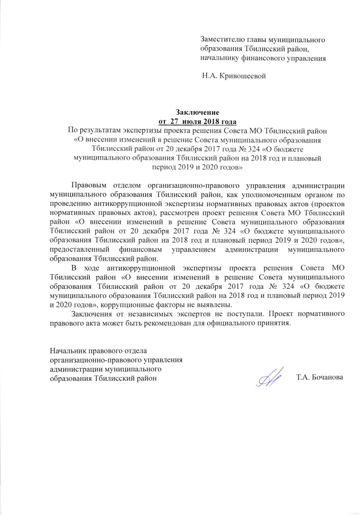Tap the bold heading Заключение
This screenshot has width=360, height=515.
coord(197,112)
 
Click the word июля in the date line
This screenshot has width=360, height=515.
coord(192,121)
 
